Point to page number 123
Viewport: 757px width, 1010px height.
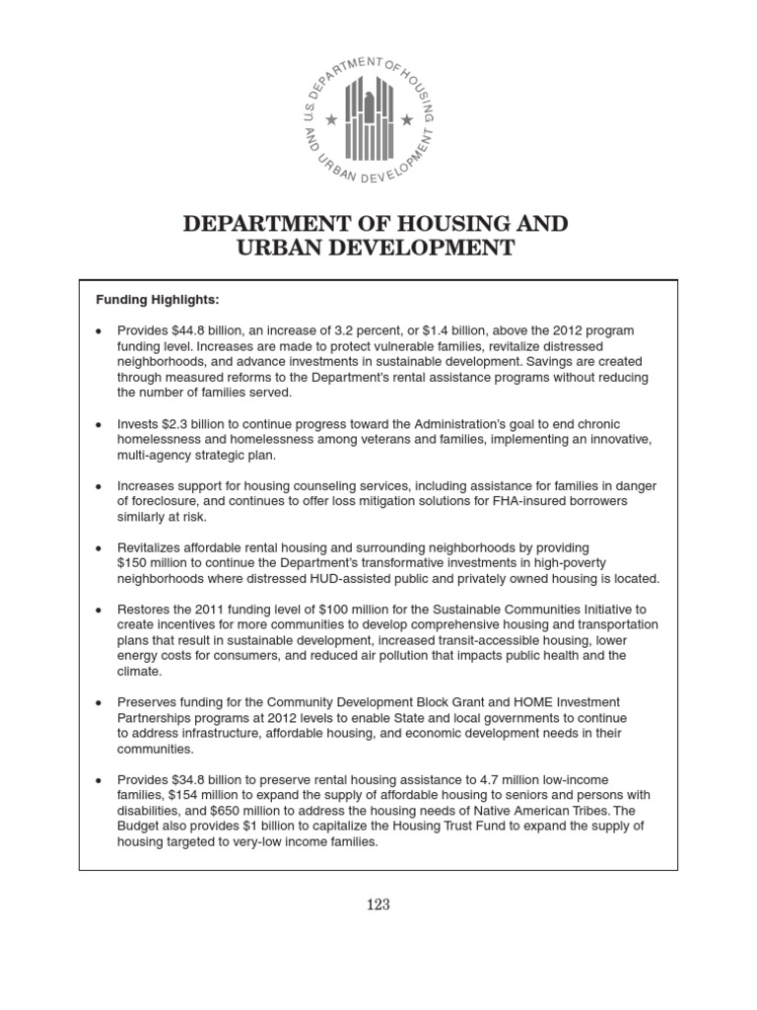tap(378, 904)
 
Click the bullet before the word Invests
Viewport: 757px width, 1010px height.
tap(99, 424)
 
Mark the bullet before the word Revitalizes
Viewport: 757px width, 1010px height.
tap(99, 547)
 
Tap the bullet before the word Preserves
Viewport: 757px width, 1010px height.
tap(99, 703)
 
